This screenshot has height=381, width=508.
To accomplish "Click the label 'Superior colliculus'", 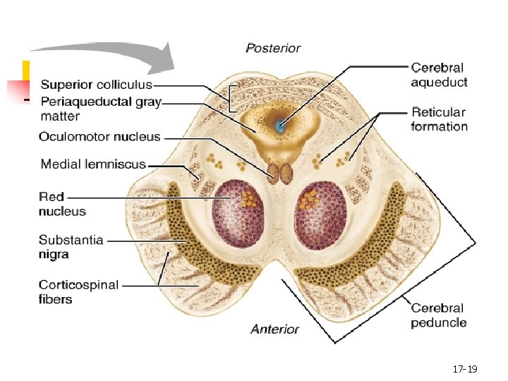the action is [x=96, y=85].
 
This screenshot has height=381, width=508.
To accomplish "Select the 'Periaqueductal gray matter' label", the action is [x=101, y=109].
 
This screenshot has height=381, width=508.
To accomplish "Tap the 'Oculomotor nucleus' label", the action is [x=99, y=137].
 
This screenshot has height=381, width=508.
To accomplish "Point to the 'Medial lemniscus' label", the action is [x=93, y=164].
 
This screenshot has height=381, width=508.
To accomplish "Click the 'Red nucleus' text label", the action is [x=62, y=204].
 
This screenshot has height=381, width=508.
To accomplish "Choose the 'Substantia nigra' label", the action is [x=71, y=247].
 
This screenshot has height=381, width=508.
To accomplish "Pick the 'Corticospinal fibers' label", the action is [x=78, y=292].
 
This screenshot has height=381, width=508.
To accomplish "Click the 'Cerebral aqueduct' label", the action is [x=439, y=75].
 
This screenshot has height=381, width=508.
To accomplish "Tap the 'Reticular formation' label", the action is [x=439, y=119].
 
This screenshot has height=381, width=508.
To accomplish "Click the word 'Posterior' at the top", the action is [x=273, y=49].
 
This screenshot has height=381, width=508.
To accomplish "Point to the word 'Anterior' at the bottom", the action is [x=274, y=329].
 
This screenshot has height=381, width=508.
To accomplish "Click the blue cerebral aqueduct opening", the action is [x=281, y=127].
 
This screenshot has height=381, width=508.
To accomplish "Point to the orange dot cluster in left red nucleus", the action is [x=248, y=198].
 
